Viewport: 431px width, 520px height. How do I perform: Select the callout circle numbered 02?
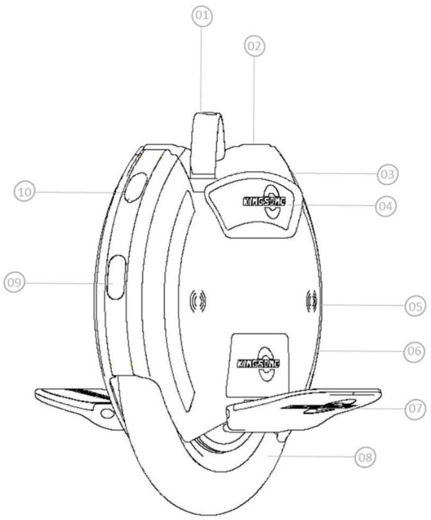[x=254, y=46]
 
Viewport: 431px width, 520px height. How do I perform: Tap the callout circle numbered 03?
[x=386, y=173]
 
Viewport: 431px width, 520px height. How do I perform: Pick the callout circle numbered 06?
[x=414, y=351]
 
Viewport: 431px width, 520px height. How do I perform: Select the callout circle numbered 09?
[x=15, y=283]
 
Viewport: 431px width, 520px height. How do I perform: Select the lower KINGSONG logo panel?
[x=259, y=364]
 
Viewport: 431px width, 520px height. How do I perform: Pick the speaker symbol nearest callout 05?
[x=312, y=301]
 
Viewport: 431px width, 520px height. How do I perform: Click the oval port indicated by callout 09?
[x=116, y=277]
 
